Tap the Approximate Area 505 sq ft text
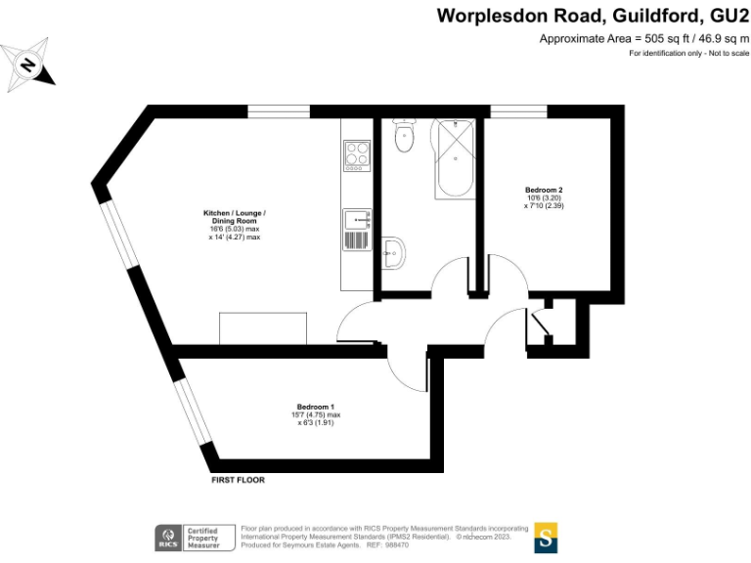click(644, 38)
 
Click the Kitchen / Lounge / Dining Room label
click(234, 225)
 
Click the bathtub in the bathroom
click(453, 156)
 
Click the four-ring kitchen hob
click(356, 155)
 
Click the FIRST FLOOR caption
click(238, 480)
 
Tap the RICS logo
click(167, 537)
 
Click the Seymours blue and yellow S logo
click(546, 537)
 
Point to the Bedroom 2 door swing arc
click(506, 323)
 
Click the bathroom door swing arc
click(452, 278)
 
